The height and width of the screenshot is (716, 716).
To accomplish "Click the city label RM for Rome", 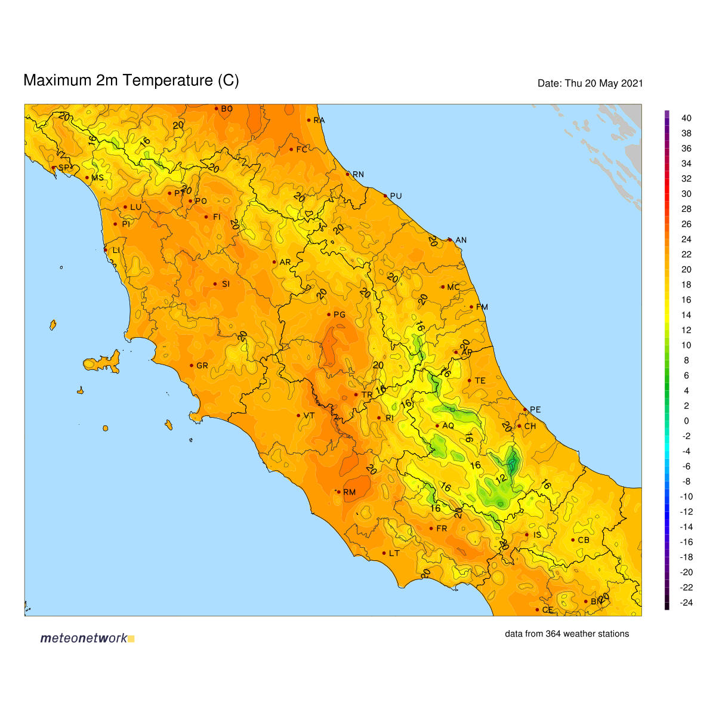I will click(x=349, y=492).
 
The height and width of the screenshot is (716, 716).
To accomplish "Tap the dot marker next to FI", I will click(x=206, y=217).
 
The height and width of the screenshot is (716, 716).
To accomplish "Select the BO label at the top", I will click(x=227, y=109).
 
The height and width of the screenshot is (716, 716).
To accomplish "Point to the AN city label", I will click(x=461, y=240).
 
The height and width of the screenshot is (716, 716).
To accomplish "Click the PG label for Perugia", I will click(x=339, y=314).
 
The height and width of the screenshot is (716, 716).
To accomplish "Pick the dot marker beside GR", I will click(x=192, y=365).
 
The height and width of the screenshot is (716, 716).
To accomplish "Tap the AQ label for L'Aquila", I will click(x=447, y=425).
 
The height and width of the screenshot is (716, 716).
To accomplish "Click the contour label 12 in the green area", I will click(x=501, y=479).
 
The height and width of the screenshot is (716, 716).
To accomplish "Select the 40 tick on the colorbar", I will click(x=686, y=118).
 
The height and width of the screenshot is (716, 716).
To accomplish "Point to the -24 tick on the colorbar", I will click(x=686, y=603).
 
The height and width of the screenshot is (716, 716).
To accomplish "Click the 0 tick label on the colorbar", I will click(x=686, y=421).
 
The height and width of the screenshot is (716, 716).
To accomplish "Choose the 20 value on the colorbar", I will click(x=686, y=269).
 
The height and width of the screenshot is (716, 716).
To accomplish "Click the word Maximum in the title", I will click(x=58, y=81).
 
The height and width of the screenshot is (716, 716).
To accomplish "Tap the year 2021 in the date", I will click(x=632, y=84).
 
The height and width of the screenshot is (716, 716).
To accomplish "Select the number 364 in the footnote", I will click(x=553, y=634).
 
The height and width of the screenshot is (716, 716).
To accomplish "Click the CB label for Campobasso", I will click(x=583, y=540).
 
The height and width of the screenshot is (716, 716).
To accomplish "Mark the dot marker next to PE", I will click(x=525, y=409).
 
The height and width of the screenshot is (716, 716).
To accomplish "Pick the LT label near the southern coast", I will click(x=394, y=553).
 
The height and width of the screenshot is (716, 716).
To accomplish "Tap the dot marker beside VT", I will click(x=298, y=415).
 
